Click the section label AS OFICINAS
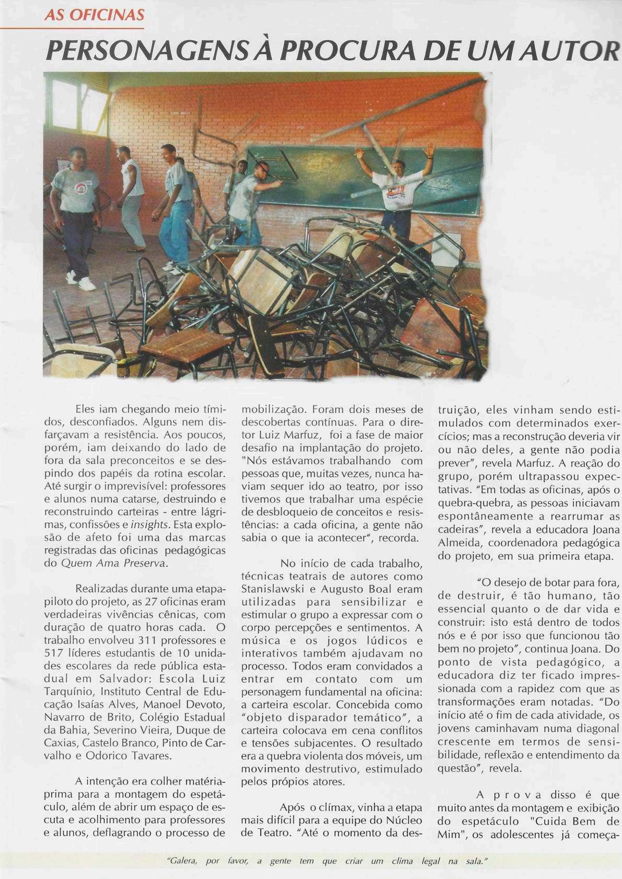pos(94,15)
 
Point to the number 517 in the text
pos(55,653)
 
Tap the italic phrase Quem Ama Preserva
pos(114,563)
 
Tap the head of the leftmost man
pos(77,156)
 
